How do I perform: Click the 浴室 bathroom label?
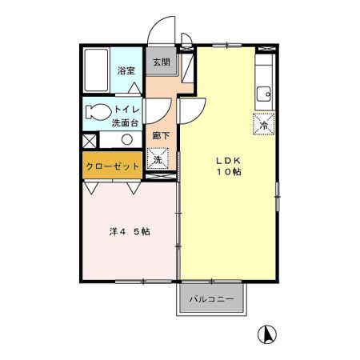[x=126, y=70]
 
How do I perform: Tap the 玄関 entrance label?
[x=162, y=62]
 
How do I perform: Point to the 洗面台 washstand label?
[x=126, y=123]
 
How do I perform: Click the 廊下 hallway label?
[x=160, y=136]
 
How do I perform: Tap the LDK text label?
[x=226, y=160]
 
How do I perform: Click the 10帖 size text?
[x=226, y=173]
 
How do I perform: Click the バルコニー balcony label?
[x=212, y=299]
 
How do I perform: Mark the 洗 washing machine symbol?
[x=158, y=160]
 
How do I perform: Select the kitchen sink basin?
[x=265, y=95]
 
